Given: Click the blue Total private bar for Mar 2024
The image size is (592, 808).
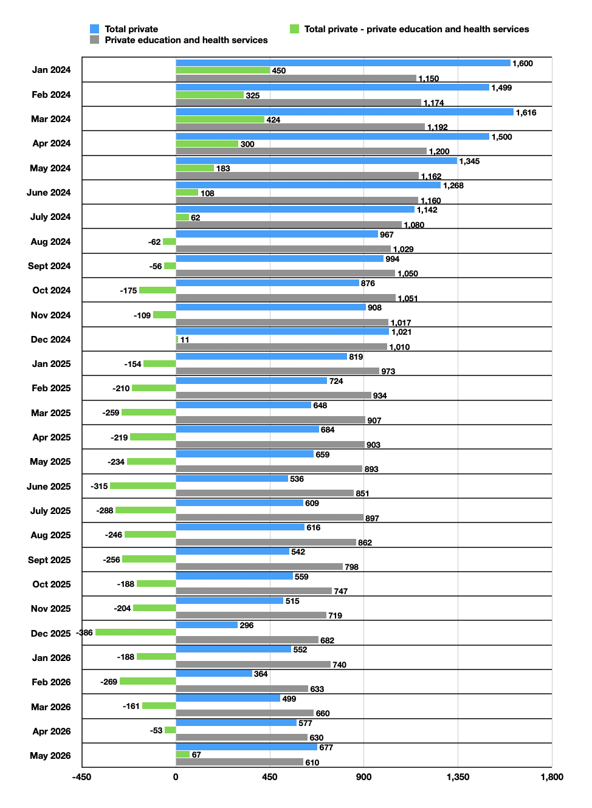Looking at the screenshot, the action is pos(345,112).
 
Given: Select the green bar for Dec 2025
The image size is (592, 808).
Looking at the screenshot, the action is pos(136,632).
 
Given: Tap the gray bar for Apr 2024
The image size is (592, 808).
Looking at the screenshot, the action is pos(301,151).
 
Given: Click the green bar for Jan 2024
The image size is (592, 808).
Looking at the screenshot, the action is pos(223,70).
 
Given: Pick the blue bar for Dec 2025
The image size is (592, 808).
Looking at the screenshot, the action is pos(207,625).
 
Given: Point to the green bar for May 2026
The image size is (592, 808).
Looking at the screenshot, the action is pos(183,754).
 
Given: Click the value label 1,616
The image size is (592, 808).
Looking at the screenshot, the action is pos(526,112).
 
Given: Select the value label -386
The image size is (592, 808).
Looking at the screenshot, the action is pos(84,632).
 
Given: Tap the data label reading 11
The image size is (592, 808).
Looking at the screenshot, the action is pos(184,340).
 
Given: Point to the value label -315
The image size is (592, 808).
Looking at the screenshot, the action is pos(99,486).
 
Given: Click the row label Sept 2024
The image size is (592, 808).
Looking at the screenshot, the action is pos(49,266).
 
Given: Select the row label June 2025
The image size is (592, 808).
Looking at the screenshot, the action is pos(49,486).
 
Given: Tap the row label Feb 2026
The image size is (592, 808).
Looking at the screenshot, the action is pos(51,682).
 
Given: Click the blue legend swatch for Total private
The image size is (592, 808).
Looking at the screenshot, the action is pos(95,29).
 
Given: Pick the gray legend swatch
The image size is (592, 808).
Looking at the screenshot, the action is pos(95,39).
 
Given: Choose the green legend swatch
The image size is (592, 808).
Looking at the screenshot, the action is pos(295,29).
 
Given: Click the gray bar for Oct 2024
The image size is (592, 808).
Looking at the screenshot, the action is pos(286,298).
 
